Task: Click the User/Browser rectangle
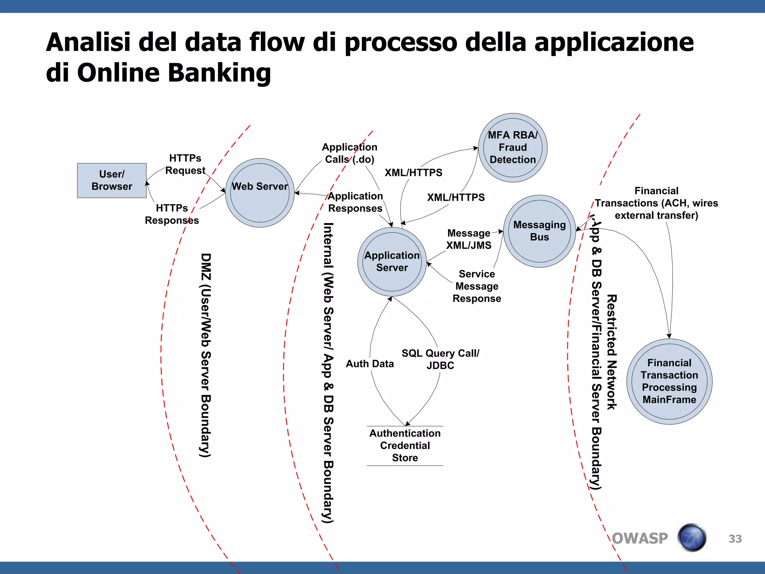112,180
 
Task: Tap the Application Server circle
392,262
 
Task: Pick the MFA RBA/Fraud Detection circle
512,148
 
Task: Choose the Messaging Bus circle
539,231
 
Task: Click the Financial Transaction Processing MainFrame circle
669,381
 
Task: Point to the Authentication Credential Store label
405,445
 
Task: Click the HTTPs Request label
185,164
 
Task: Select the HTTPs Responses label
172,214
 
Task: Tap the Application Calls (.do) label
350,153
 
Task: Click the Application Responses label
355,202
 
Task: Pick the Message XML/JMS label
469,239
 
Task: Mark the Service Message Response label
477,286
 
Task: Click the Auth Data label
370,364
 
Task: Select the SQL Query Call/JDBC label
440,359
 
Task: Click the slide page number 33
735,539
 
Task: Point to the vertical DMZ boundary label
206,355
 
